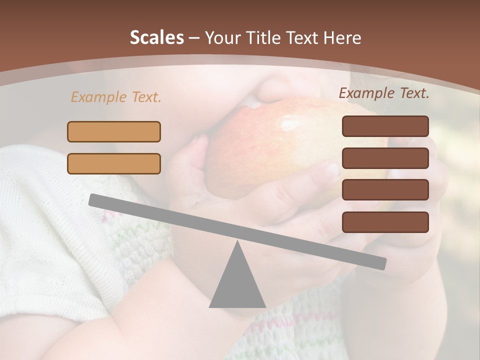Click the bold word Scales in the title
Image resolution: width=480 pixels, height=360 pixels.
coord(156,38)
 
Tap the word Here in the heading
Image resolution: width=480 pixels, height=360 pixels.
coord(342,38)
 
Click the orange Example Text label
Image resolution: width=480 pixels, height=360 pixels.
coord(116,97)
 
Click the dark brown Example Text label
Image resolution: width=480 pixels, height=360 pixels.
coord(384,93)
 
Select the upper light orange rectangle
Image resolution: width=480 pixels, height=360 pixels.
coord(114,131)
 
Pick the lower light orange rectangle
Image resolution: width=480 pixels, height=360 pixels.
coord(114,163)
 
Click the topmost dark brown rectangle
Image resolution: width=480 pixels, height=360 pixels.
coord(385,126)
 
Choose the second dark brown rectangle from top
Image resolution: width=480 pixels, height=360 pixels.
coord(385,158)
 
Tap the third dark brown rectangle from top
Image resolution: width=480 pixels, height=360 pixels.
coord(385,190)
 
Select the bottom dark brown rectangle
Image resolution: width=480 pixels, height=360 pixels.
coord(385,222)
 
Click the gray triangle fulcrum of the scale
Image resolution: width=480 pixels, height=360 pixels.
coord(237,285)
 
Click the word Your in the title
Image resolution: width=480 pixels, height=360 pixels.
coord(221,38)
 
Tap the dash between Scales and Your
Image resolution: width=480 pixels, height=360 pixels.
coord(194,38)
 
